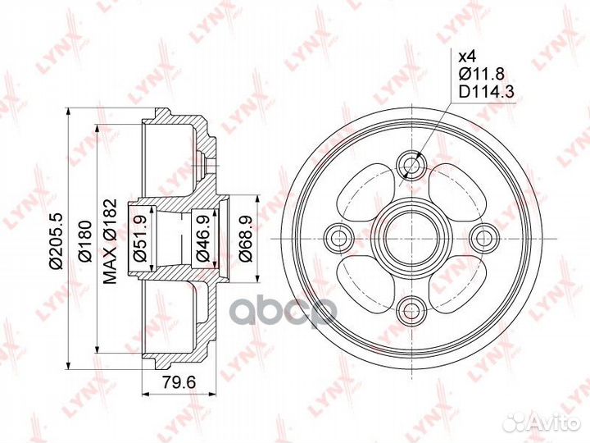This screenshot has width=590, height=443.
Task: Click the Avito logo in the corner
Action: coord(542,422)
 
